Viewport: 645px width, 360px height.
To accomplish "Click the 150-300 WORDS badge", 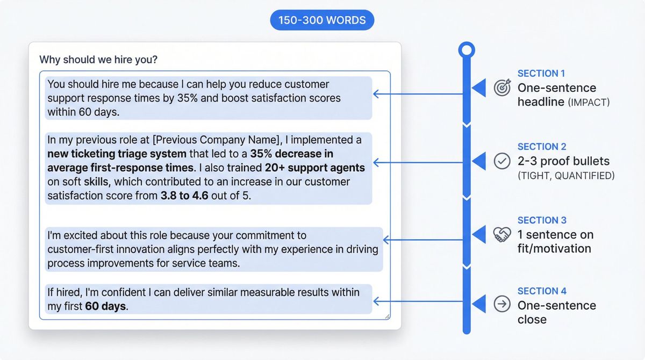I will [x=322, y=20].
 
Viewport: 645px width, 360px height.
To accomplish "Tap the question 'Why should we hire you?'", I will [x=98, y=60].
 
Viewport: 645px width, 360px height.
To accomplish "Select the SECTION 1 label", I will [x=541, y=74].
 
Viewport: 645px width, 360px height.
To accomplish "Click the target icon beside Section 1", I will [x=502, y=88].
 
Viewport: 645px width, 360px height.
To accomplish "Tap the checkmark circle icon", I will [x=502, y=161].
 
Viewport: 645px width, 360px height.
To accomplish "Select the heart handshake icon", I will [x=502, y=234].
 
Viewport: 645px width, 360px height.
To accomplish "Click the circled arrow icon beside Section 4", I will [x=502, y=305].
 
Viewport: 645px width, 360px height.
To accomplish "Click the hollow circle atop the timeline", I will [x=467, y=51].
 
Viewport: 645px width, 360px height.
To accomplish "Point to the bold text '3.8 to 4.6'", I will [x=184, y=196].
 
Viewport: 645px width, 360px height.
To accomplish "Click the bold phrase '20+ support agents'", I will [x=315, y=168].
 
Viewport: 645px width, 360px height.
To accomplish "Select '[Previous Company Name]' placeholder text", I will [x=217, y=140].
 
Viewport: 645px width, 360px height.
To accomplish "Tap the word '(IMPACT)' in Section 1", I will [x=589, y=102].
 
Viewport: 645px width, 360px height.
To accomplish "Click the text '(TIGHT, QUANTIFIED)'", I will [x=566, y=176].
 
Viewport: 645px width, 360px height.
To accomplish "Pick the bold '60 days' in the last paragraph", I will [x=105, y=307].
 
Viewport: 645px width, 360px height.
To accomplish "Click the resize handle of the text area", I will [x=387, y=316].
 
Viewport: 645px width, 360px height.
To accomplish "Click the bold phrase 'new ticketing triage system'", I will [x=117, y=154].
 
